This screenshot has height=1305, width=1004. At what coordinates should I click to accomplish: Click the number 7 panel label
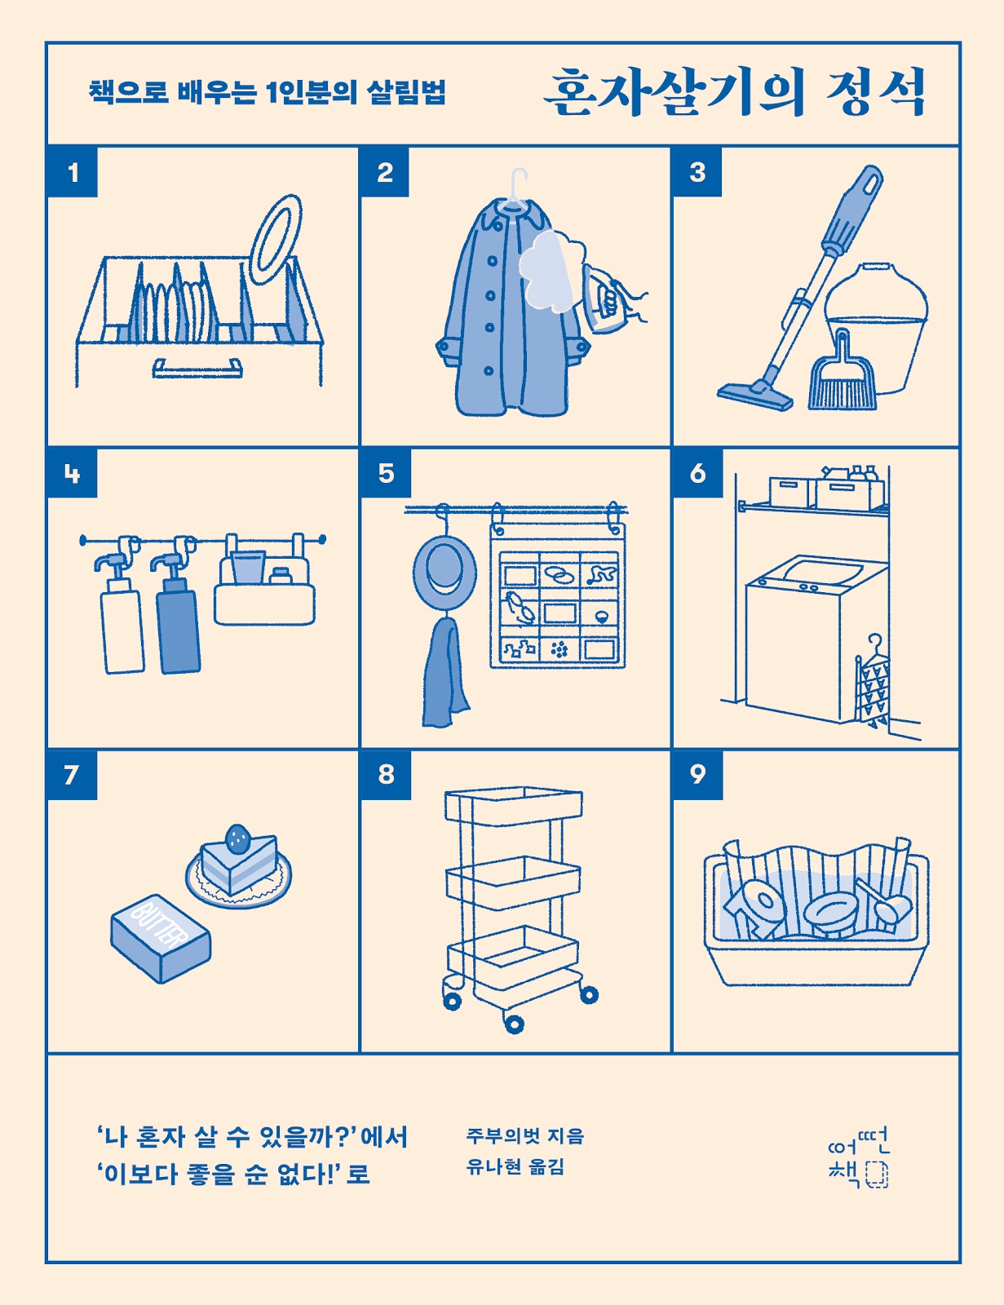tap(72, 774)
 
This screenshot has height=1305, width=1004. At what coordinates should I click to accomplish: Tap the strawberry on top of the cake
tap(237, 837)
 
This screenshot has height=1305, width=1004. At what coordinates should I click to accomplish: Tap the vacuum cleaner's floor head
tap(755, 396)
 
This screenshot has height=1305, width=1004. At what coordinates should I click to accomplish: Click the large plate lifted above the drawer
tap(276, 238)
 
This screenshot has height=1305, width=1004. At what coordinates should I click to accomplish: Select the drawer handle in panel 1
tap(197, 369)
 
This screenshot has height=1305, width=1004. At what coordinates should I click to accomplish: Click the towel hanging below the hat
tap(444, 673)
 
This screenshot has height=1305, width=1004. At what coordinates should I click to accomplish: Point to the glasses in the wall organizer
tap(519, 608)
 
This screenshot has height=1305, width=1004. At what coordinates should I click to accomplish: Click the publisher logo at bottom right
tap(857, 1157)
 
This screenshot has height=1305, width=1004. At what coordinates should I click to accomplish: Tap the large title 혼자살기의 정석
tap(734, 92)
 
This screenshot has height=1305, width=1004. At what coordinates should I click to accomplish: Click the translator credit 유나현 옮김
tap(515, 1167)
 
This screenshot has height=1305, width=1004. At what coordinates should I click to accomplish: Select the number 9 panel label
tap(697, 774)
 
